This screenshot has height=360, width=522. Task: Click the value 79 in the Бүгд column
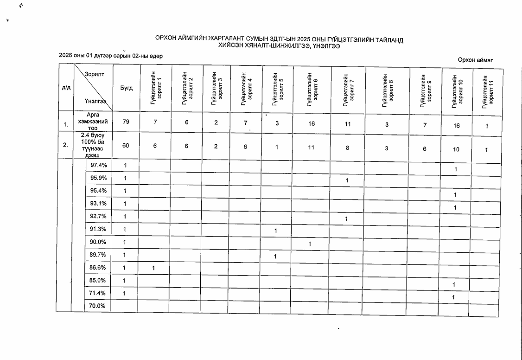125,122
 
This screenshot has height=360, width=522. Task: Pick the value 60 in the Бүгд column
125,146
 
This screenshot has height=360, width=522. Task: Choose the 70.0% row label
98,306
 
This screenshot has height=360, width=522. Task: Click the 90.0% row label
98,242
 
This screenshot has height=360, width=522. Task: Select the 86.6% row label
98,268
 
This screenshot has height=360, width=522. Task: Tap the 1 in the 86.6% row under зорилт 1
153,268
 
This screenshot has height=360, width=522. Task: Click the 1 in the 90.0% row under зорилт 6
309,244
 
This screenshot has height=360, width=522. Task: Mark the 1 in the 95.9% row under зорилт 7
346,180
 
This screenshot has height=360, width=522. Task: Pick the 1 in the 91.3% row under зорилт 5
275,231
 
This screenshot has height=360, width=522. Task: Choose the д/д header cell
66,89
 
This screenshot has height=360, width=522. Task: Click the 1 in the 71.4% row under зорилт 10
455,297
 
